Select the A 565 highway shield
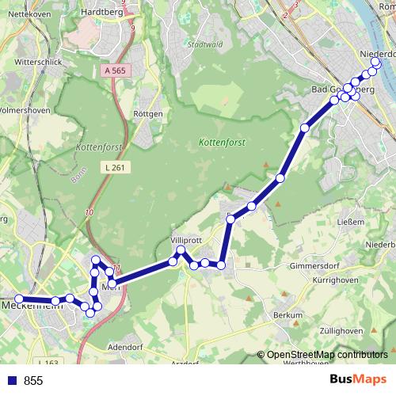pos(116,70)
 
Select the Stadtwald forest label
pos(204,45)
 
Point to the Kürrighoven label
pos(356,282)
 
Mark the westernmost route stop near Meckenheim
pos(18,299)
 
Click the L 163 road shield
pos(51,363)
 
